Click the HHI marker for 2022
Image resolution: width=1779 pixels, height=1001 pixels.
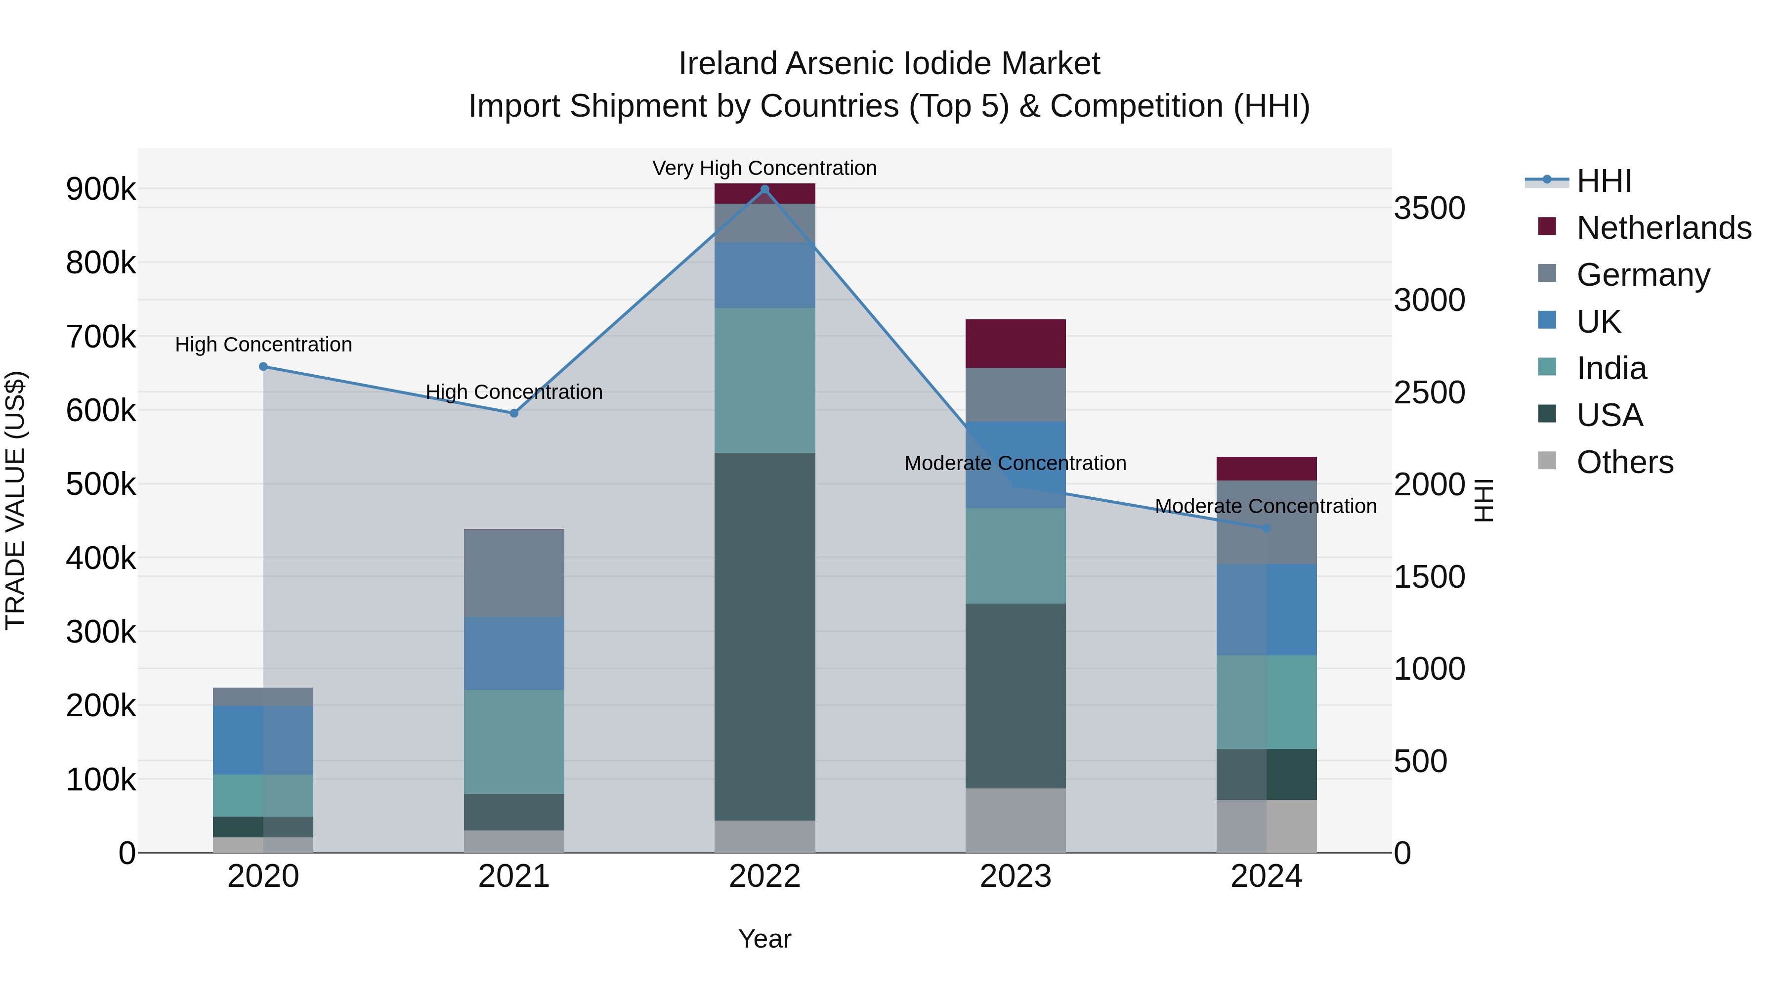pos(764,189)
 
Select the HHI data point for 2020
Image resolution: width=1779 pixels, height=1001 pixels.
pos(263,367)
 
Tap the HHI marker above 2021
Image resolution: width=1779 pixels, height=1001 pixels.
pos(514,413)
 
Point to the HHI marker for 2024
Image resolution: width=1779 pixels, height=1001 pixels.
pos(1266,528)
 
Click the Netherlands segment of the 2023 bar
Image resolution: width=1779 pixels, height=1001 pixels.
pos(1015,344)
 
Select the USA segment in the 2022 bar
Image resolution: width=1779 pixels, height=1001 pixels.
pos(764,636)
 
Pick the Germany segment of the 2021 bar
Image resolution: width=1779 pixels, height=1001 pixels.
pos(514,573)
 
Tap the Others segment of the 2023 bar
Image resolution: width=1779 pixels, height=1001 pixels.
pos(1015,820)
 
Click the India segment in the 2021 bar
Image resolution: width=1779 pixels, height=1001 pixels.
pos(514,741)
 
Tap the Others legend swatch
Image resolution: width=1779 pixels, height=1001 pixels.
pos(1547,461)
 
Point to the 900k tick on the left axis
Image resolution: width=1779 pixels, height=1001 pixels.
pos(101,189)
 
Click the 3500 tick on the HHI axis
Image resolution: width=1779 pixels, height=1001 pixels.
pos(1429,208)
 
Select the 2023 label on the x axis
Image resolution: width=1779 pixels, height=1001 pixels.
pos(1015,876)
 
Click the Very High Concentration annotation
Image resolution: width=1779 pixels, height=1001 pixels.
pos(764,168)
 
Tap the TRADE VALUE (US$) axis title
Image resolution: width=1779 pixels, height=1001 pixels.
pos(16,500)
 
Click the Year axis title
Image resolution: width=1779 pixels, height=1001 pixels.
pos(764,939)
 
